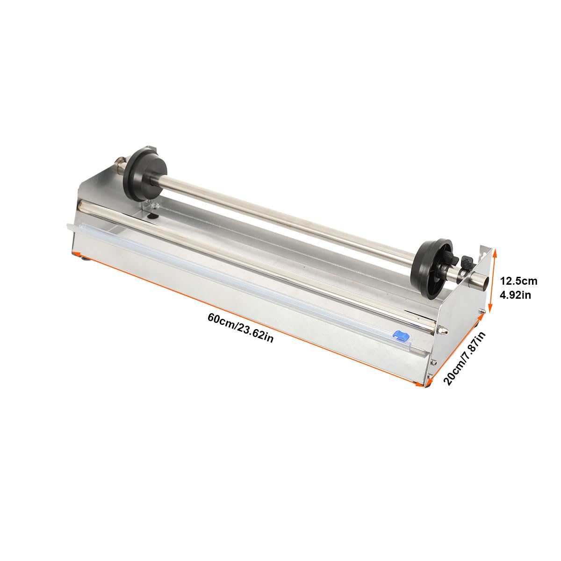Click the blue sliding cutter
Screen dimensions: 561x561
[x=401, y=335]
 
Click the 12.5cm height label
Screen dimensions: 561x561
[x=518, y=281]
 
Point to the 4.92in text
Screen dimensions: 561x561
[x=515, y=295]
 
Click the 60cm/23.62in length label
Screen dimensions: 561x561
[x=240, y=328]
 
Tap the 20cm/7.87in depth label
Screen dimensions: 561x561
[x=464, y=359]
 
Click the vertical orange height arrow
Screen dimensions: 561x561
[x=493, y=281]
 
